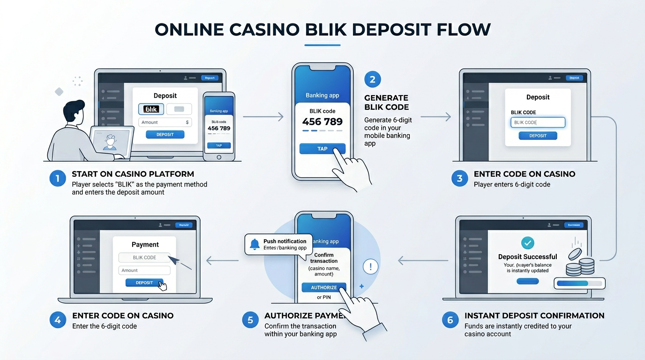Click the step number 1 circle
click(x=58, y=179)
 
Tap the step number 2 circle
click(x=373, y=80)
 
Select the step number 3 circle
click(x=459, y=179)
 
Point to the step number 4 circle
click(x=58, y=320)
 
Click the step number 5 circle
click(x=250, y=320)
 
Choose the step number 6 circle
click(x=450, y=320)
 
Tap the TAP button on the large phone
click(x=322, y=149)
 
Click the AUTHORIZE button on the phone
click(x=324, y=287)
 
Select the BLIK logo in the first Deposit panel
click(x=151, y=109)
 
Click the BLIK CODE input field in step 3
click(x=538, y=122)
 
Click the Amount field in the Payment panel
click(x=144, y=270)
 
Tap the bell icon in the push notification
click(x=255, y=244)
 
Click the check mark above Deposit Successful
click(x=528, y=243)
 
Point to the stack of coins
click(x=580, y=265)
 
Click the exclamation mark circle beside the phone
click(x=371, y=267)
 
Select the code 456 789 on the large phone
click(x=322, y=122)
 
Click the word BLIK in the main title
click(x=325, y=30)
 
